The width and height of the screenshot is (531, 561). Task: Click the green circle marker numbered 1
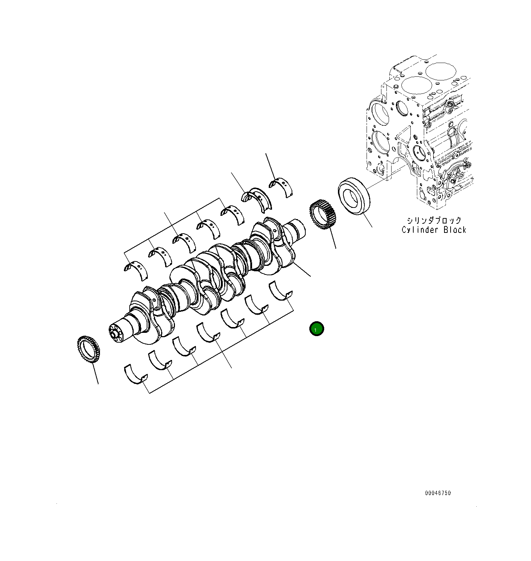[316, 329]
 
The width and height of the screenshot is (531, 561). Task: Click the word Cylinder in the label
[418, 230]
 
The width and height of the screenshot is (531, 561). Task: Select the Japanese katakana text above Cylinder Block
[434, 221]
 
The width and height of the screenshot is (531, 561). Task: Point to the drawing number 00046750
[438, 493]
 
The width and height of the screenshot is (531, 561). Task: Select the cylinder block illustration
[420, 134]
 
